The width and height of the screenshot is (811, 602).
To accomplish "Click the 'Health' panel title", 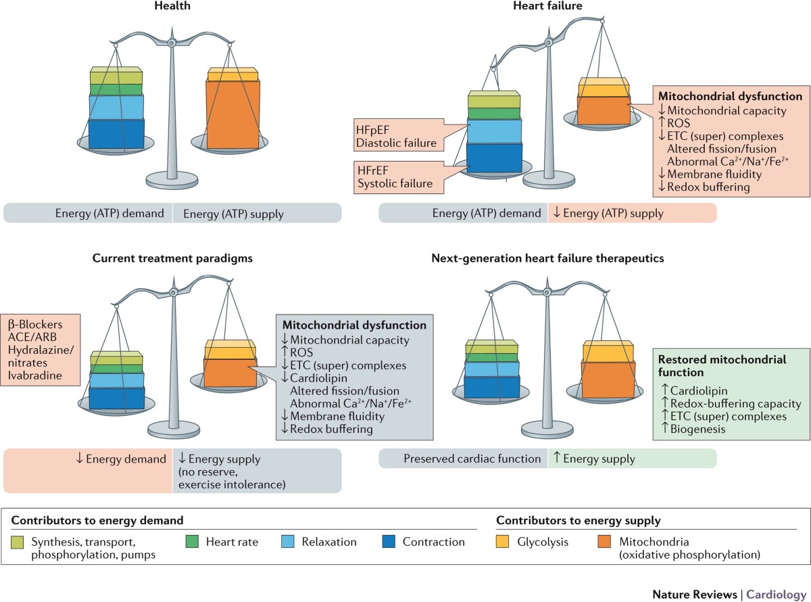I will click(x=172, y=6).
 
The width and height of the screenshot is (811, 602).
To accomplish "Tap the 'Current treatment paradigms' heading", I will click(x=172, y=258).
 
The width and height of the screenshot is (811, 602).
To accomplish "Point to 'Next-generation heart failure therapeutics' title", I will click(x=547, y=258).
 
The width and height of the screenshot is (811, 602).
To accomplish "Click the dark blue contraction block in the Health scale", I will click(x=116, y=133).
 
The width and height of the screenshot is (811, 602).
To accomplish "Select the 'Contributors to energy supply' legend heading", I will click(x=578, y=521).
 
